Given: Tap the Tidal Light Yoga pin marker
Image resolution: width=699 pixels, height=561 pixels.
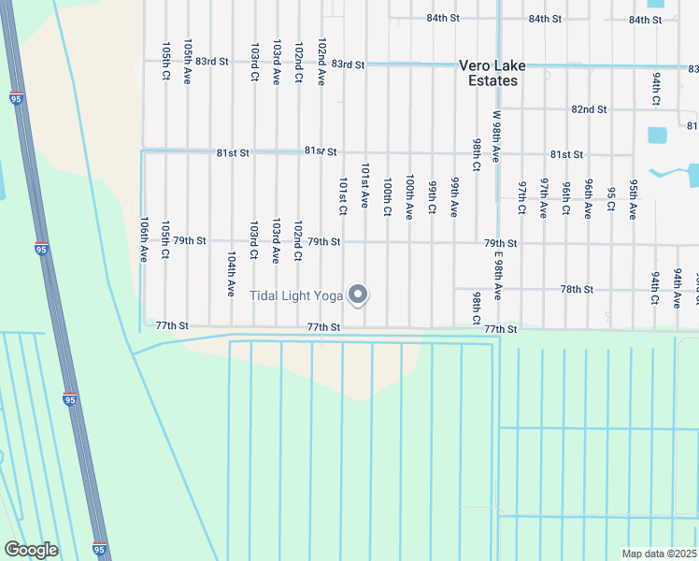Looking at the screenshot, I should pos(358,295).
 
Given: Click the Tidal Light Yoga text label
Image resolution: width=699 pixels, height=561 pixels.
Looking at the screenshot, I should pos(296,295).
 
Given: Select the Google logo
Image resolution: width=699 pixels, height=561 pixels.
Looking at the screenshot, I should pos(31,550).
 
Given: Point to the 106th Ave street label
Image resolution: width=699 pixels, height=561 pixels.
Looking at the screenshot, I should pos(144,240).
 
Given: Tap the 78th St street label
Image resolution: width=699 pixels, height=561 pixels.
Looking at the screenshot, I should pos(578,290).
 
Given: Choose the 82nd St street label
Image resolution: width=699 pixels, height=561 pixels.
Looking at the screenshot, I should pos(589,109).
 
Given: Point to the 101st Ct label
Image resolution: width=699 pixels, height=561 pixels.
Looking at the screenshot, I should pos(343,196).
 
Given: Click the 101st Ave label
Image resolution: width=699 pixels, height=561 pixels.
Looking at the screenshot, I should pos(365,185).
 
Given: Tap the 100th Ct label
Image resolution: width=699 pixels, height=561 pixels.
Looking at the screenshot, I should pos(387,198).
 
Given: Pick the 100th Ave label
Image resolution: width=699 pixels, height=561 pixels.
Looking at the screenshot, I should pos(409,196).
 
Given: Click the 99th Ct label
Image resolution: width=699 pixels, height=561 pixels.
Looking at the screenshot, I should pos(432,197).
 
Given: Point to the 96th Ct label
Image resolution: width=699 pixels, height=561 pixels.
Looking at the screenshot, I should pos(566,199).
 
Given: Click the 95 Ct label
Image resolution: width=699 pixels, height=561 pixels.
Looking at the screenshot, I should pos(610,199).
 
